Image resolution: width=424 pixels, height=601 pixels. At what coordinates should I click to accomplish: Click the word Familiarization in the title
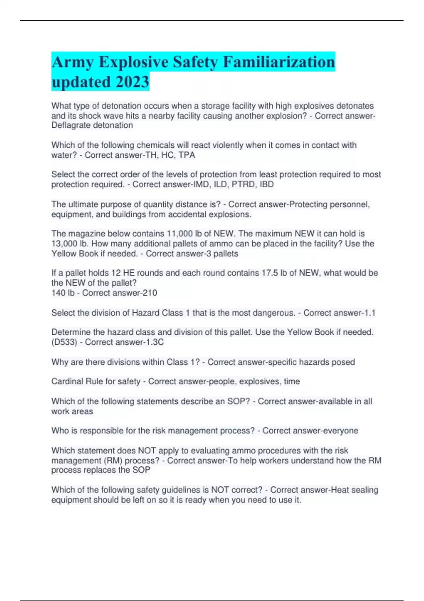[279, 62]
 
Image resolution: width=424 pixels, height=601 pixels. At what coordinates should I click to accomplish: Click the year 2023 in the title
[132, 82]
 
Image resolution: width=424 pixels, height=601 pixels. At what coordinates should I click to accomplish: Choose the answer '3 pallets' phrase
[222, 253]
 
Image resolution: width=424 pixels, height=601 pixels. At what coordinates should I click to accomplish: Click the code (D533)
[64, 342]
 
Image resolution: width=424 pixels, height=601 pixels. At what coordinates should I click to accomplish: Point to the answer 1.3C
[154, 342]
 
